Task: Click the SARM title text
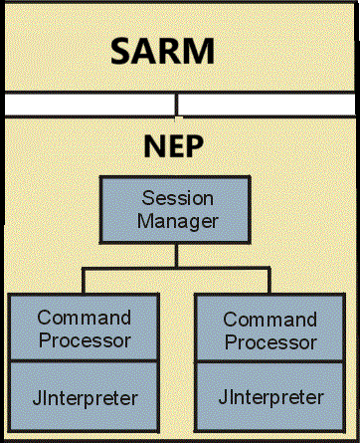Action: [177, 49]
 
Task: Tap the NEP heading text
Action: [176, 146]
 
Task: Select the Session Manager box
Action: [174, 209]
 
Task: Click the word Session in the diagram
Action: [174, 198]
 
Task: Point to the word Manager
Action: [174, 220]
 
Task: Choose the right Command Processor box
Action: [270, 330]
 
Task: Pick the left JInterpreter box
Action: [85, 398]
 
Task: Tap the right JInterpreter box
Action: [270, 397]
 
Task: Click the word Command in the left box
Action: [85, 318]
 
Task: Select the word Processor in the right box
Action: [270, 342]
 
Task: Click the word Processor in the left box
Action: [85, 340]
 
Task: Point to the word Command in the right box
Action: [270, 320]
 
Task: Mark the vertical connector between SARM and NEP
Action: [177, 105]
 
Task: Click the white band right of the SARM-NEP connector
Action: [267, 105]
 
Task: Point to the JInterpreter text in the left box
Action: [85, 398]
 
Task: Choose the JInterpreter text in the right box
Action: [270, 397]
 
